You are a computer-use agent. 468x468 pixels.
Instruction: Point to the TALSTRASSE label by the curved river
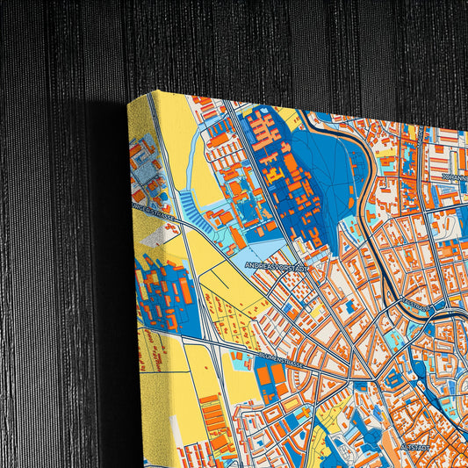415,307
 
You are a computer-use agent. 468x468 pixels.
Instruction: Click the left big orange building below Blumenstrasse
264,378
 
